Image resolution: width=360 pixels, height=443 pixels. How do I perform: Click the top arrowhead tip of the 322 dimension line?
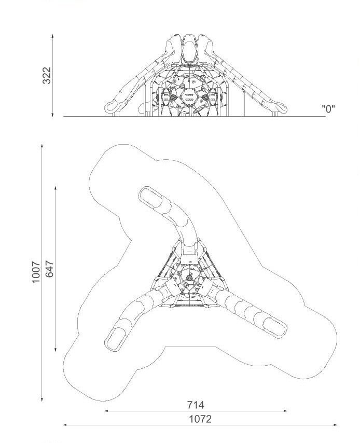click(x=52, y=34)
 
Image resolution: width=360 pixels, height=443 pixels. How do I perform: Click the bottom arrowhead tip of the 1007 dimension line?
click(x=42, y=401)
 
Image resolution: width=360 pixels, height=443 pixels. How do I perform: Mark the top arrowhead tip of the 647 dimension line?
click(x=56, y=186)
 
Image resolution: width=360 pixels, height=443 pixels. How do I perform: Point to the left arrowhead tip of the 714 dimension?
click(x=104, y=411)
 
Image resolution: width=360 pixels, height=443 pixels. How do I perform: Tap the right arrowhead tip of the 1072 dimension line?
click(x=337, y=425)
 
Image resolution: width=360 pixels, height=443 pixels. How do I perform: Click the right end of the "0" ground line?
click(x=326, y=116)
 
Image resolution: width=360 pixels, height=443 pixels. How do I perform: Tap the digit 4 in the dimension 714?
click(x=200, y=405)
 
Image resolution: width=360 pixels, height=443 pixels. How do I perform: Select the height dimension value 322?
click(x=47, y=75)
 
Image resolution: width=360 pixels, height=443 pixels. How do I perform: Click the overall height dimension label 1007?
click(x=36, y=272)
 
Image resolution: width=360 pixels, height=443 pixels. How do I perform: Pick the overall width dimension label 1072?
click(x=200, y=419)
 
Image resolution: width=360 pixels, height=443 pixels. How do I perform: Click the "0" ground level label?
click(x=328, y=108)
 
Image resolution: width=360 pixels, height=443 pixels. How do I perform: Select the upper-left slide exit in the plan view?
click(x=150, y=198)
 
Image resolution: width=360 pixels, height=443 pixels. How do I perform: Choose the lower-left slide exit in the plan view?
click(x=116, y=339)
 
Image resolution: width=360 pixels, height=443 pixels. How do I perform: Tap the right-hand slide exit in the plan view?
click(x=274, y=327)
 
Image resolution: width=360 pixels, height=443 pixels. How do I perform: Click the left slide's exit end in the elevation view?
click(x=112, y=106)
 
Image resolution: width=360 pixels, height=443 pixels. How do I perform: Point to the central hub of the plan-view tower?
click(x=189, y=278)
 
